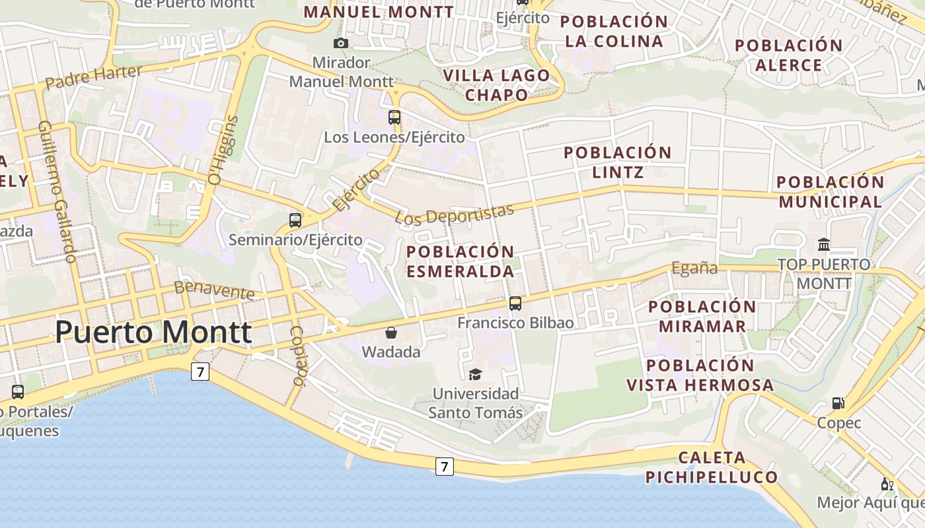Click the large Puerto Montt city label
pyautogui.click(x=153, y=333)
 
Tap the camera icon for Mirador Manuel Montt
pyautogui.click(x=341, y=44)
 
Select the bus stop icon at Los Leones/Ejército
pyautogui.click(x=394, y=117)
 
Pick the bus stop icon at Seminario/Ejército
pyautogui.click(x=295, y=220)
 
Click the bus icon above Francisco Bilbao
pyautogui.click(x=515, y=304)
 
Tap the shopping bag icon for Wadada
pyautogui.click(x=391, y=332)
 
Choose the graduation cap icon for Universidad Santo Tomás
pyautogui.click(x=475, y=374)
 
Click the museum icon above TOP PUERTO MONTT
pyautogui.click(x=824, y=245)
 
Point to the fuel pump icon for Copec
pyautogui.click(x=838, y=403)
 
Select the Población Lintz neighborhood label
pyautogui.click(x=618, y=162)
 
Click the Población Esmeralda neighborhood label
pyautogui.click(x=460, y=261)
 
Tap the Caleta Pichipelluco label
pyautogui.click(x=712, y=467)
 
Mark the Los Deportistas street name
pyautogui.click(x=455, y=214)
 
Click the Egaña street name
pyautogui.click(x=694, y=268)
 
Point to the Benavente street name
pyautogui.click(x=214, y=289)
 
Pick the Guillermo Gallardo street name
pyautogui.click(x=57, y=191)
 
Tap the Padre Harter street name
pyautogui.click(x=94, y=77)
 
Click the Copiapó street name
pyautogui.click(x=298, y=356)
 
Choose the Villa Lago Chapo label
pyautogui.click(x=497, y=84)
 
